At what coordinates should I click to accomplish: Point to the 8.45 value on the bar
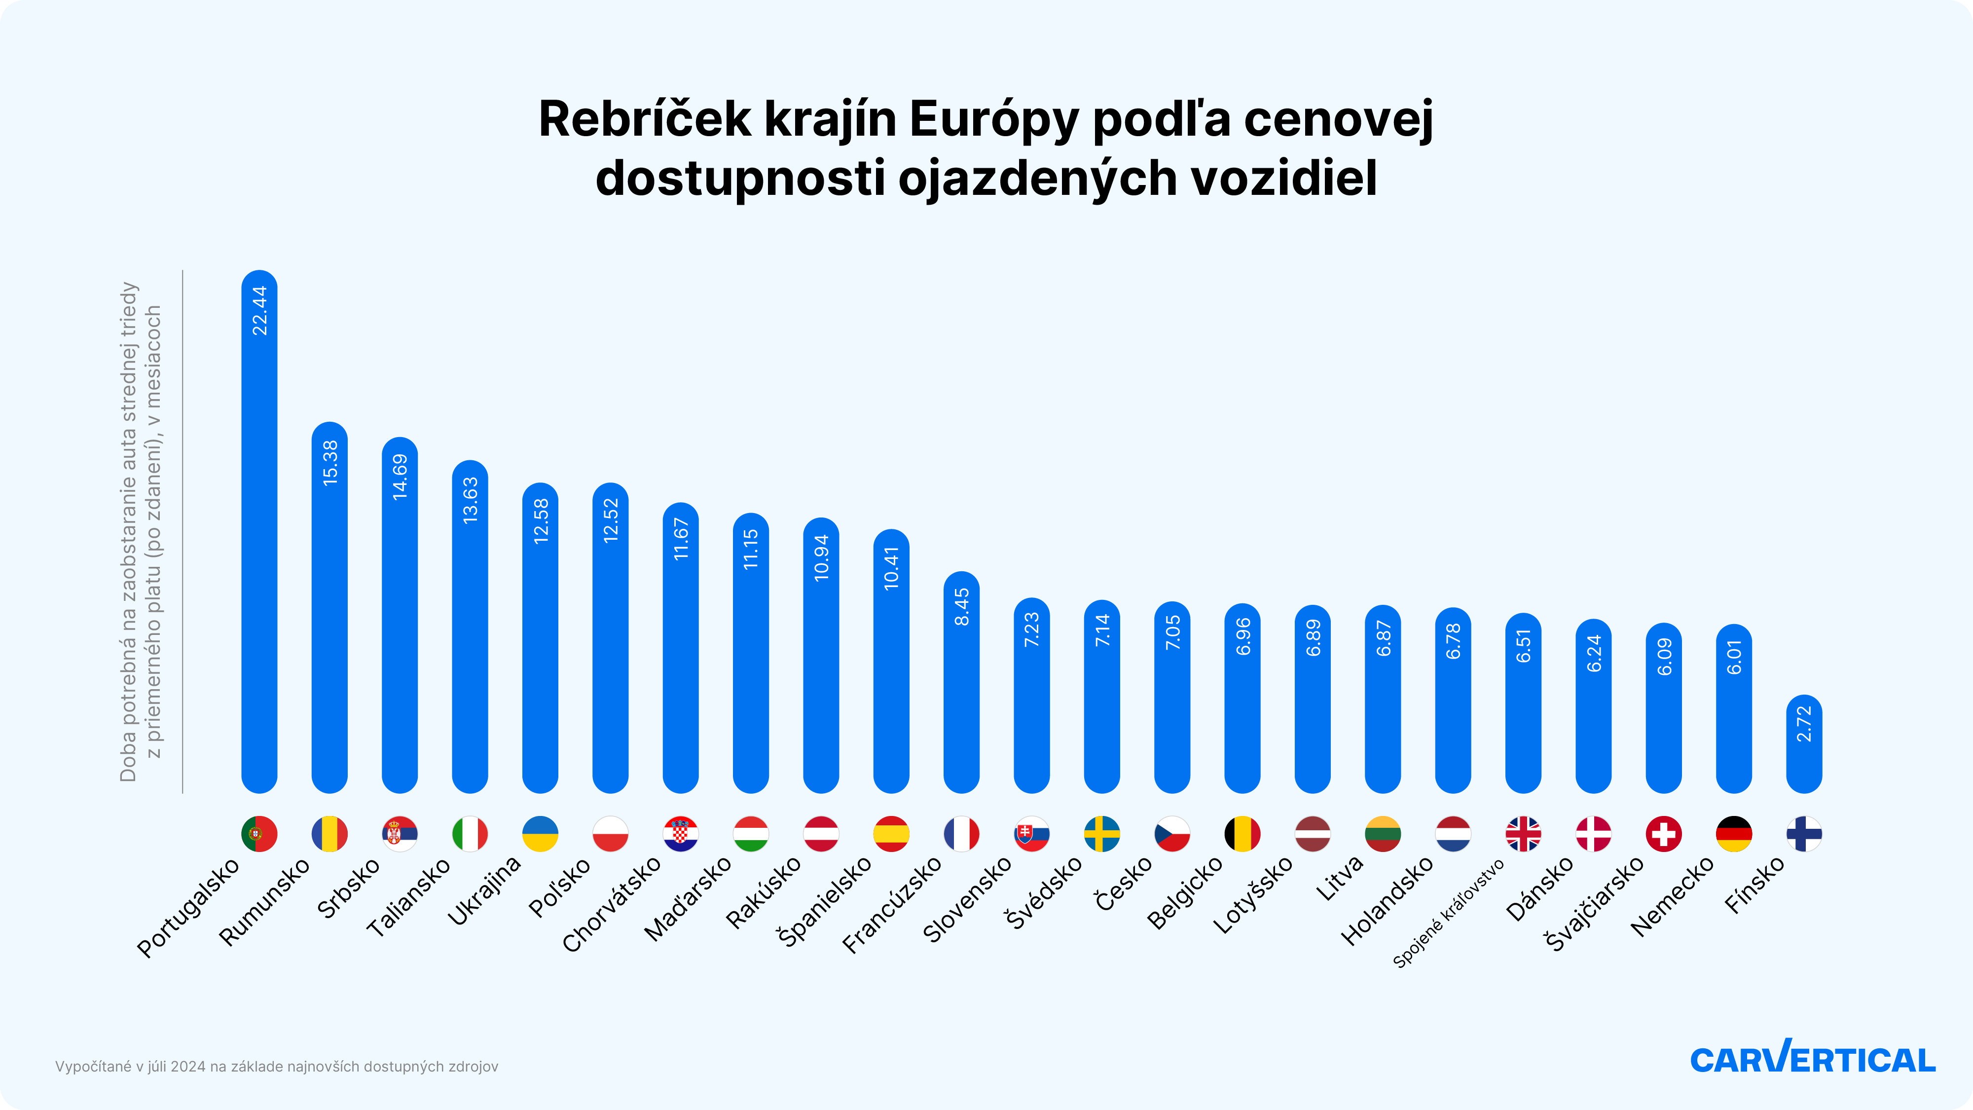point(962,607)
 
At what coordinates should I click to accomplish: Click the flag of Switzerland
point(1664,833)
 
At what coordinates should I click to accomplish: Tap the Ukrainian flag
point(540,833)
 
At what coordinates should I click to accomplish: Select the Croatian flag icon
point(680,833)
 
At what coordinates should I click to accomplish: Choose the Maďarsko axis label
point(687,898)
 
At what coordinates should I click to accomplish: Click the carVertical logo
point(1812,1058)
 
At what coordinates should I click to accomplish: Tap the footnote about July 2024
point(277,1066)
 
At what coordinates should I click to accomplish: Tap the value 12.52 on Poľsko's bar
point(611,521)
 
